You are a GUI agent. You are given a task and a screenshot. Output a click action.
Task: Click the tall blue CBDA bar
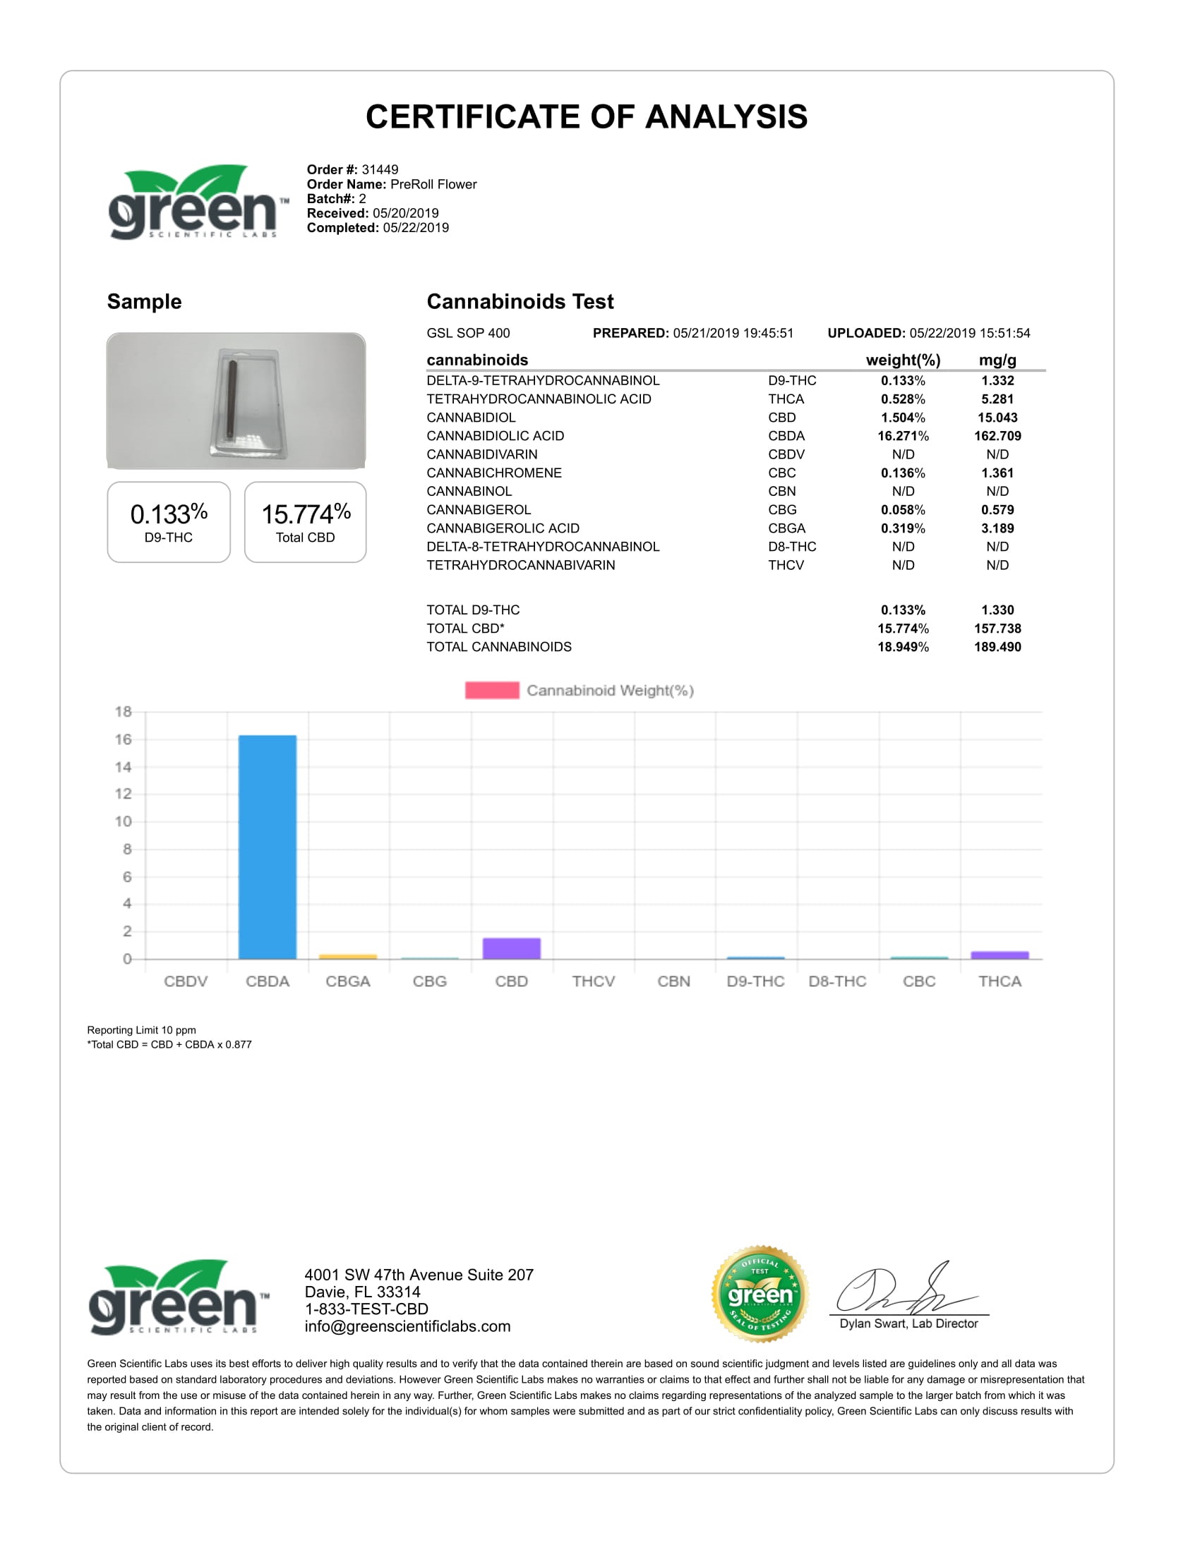268,847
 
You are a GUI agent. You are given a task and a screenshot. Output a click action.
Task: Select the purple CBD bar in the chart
511,948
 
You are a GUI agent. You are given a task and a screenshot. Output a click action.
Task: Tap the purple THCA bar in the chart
1000,955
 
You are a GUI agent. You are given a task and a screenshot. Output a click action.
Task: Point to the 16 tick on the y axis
124,740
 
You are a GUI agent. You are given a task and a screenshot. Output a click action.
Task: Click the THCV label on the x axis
593,981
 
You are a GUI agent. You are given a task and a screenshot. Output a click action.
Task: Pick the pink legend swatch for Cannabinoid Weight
491,690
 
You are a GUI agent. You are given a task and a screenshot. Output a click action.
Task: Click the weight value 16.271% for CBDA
903,435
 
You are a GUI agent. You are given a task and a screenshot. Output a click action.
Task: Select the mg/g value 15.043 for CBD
997,417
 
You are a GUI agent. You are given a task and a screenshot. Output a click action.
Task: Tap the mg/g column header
997,360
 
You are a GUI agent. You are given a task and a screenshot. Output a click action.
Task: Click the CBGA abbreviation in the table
786,528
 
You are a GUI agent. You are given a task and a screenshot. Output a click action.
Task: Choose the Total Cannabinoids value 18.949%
903,647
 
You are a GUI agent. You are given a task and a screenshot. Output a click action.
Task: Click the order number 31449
380,169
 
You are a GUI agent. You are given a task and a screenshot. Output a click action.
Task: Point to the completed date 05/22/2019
416,227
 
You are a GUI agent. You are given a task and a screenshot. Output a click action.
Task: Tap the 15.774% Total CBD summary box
305,521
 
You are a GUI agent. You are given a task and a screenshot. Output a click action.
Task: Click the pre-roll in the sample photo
232,401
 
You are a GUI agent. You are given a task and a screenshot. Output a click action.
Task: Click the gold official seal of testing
760,1294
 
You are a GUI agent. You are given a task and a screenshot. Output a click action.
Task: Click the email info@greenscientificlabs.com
407,1326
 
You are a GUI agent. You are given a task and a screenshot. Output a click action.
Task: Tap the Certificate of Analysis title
587,116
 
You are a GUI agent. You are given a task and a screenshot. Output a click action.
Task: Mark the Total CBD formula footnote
169,1045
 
